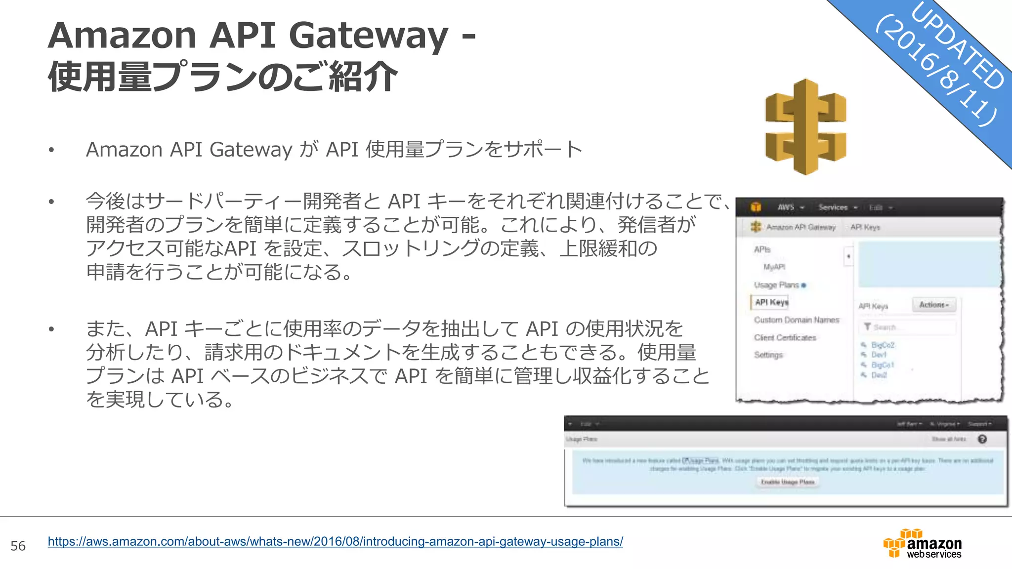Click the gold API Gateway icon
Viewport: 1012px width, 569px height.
tap(805, 127)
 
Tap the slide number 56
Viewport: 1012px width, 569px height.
tap(18, 546)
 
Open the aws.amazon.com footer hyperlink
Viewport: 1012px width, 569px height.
tap(335, 541)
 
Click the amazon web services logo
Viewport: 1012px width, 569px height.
tap(923, 544)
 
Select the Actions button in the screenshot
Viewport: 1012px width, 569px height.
tap(933, 305)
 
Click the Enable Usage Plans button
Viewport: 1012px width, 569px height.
tap(788, 482)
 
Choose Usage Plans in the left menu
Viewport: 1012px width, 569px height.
tap(776, 285)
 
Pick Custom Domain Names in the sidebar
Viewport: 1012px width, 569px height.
tap(796, 320)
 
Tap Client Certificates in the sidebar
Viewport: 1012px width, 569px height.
tap(785, 338)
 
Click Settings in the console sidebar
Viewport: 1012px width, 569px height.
tap(768, 355)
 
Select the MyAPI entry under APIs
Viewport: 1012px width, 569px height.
tap(774, 267)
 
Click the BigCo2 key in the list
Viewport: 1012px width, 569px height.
tap(883, 345)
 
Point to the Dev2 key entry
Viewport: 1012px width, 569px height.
tap(879, 375)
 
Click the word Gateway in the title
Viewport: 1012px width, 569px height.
tap(368, 36)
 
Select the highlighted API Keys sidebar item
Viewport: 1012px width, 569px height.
tap(771, 302)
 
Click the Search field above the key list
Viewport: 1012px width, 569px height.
tap(909, 327)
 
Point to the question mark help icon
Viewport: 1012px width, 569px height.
tap(982, 439)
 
